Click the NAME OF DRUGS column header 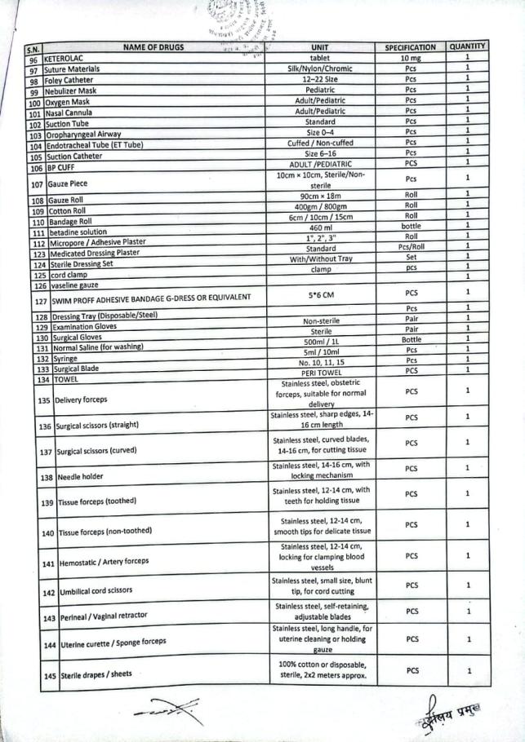click(153, 47)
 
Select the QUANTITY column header click(467, 46)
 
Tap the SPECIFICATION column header click(411, 47)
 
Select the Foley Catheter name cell click(68, 81)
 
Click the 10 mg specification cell click(410, 58)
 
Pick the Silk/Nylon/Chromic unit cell click(320, 68)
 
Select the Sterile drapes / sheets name click(95, 674)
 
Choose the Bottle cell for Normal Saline click(411, 339)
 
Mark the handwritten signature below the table click(168, 711)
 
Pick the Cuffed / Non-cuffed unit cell click(319, 142)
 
